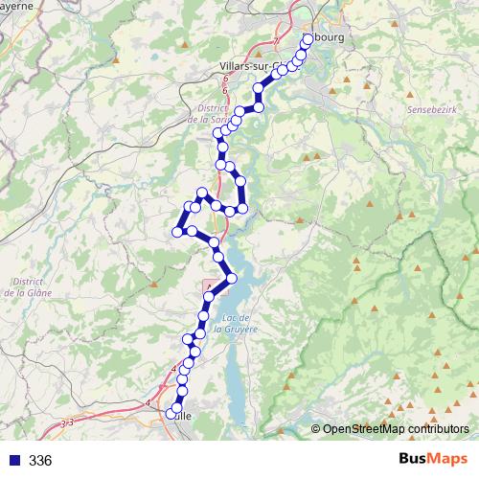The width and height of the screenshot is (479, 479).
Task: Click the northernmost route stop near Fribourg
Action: pos(308,38)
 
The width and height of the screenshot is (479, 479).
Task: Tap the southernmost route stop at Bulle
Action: pos(171,414)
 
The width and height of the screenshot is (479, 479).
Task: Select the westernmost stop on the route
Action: pos(177,230)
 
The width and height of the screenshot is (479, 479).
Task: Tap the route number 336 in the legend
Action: pos(40,461)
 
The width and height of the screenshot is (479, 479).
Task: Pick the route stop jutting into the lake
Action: pos(231,279)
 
